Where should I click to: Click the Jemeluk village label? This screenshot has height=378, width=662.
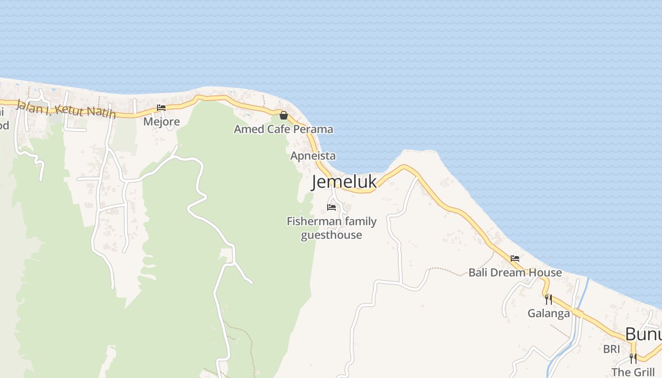344,182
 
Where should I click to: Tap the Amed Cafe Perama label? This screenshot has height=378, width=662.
283,129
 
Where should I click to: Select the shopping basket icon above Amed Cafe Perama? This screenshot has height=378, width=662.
284,115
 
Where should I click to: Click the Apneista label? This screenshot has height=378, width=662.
313,156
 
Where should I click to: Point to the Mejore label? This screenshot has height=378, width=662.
161,122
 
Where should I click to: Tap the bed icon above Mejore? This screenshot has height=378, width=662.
161,108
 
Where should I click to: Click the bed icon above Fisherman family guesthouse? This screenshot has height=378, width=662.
331,207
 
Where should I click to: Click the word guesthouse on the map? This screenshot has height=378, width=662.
331,235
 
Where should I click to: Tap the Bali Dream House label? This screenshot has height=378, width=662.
515,273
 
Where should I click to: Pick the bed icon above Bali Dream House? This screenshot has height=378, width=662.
515,258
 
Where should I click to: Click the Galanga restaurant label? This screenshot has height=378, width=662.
549,313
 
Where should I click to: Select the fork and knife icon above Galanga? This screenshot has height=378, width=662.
548,299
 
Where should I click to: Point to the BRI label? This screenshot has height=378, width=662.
611,349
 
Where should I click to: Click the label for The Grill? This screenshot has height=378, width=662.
633,372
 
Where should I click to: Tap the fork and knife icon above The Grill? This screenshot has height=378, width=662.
633,358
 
